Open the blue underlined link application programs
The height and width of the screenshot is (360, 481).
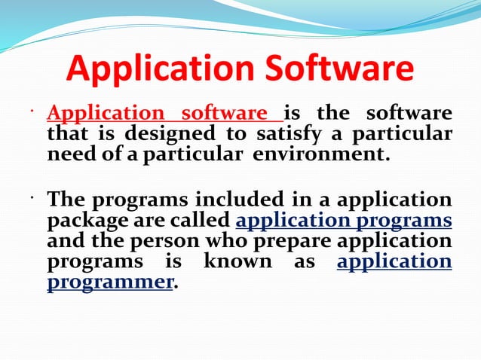(x=344, y=221)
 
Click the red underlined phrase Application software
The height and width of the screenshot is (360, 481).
(x=164, y=114)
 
